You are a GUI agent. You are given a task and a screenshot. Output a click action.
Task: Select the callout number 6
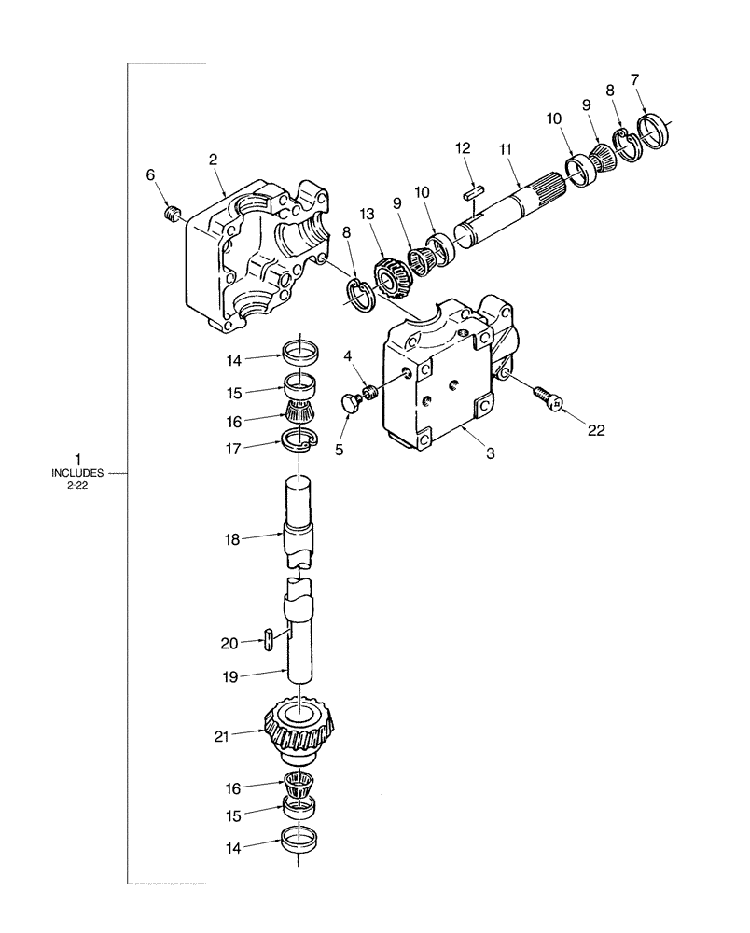click(150, 174)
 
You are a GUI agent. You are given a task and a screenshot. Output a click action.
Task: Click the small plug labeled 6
click(171, 216)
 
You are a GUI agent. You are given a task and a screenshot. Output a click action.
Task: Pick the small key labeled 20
click(269, 639)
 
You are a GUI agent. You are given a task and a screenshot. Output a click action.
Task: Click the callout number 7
click(636, 79)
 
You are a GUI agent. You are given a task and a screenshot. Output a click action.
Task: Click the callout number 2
click(214, 160)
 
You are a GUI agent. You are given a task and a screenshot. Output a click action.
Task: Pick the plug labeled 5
click(351, 403)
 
